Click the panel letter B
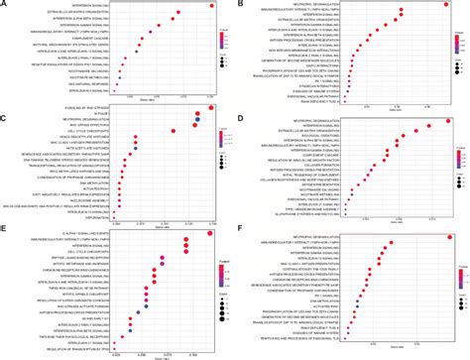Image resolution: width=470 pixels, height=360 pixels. coord(241,5)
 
